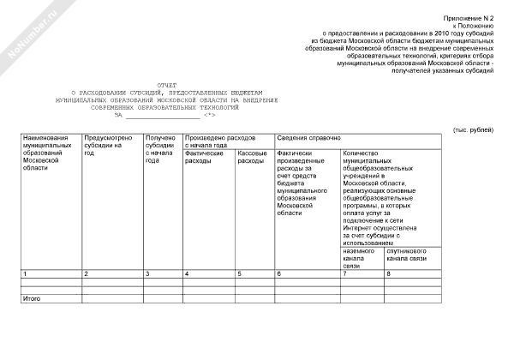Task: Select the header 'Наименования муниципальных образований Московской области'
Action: (47, 152)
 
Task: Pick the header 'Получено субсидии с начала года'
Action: (161, 148)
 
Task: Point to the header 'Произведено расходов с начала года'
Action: (220, 141)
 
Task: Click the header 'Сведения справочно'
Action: (308, 137)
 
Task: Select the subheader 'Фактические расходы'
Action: (204, 156)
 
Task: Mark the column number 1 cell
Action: (25, 273)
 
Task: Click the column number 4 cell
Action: (187, 273)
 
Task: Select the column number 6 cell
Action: (278, 273)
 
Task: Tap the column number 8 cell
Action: (389, 273)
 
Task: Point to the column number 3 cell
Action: (147, 273)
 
